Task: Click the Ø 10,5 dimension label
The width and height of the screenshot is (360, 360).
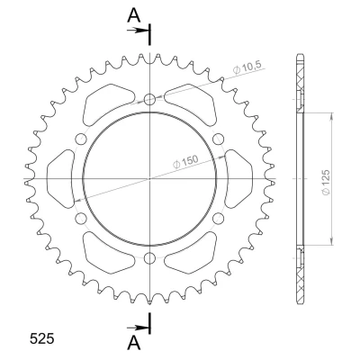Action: click(x=247, y=67)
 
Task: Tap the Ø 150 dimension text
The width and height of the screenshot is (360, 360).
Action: click(x=186, y=161)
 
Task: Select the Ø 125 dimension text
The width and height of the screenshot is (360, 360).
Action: click(x=326, y=183)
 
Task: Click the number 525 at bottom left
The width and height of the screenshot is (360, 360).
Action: click(x=42, y=338)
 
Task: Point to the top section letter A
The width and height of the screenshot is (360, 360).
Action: click(x=134, y=15)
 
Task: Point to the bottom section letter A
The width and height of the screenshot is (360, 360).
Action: click(x=134, y=343)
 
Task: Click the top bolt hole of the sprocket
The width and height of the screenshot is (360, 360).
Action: click(x=149, y=100)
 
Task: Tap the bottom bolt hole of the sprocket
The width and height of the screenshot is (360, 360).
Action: click(x=149, y=257)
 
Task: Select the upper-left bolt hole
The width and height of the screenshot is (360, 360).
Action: click(x=81, y=139)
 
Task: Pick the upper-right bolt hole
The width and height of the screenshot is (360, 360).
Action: click(x=219, y=139)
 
